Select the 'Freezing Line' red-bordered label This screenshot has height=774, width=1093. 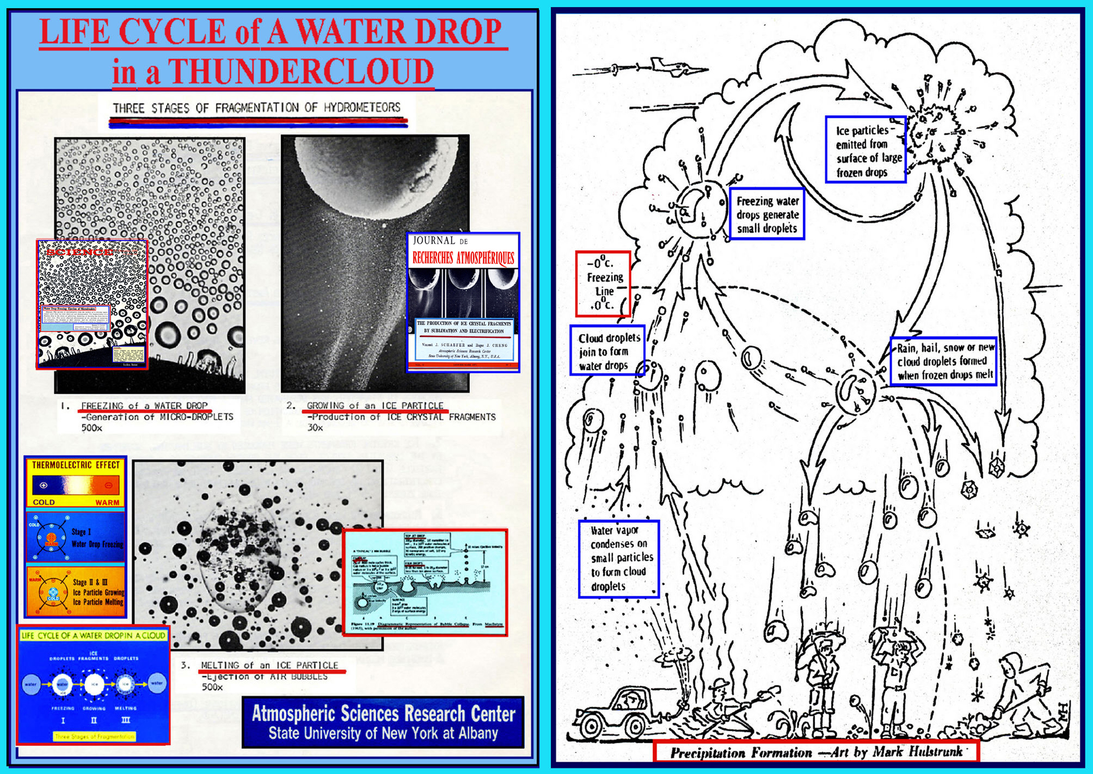(603, 284)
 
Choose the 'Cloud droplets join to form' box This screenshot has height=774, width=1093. (607, 351)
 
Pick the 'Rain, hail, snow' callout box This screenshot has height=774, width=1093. (944, 361)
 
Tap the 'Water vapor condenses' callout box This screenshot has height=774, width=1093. (618, 558)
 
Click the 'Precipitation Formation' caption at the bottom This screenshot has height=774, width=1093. (816, 752)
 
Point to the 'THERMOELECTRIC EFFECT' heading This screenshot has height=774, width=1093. (76, 465)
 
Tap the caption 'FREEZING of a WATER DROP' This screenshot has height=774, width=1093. (144, 406)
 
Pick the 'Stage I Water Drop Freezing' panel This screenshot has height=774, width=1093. (76, 537)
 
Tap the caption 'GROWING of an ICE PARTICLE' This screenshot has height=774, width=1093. (375, 406)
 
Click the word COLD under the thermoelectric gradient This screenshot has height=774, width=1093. (44, 502)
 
